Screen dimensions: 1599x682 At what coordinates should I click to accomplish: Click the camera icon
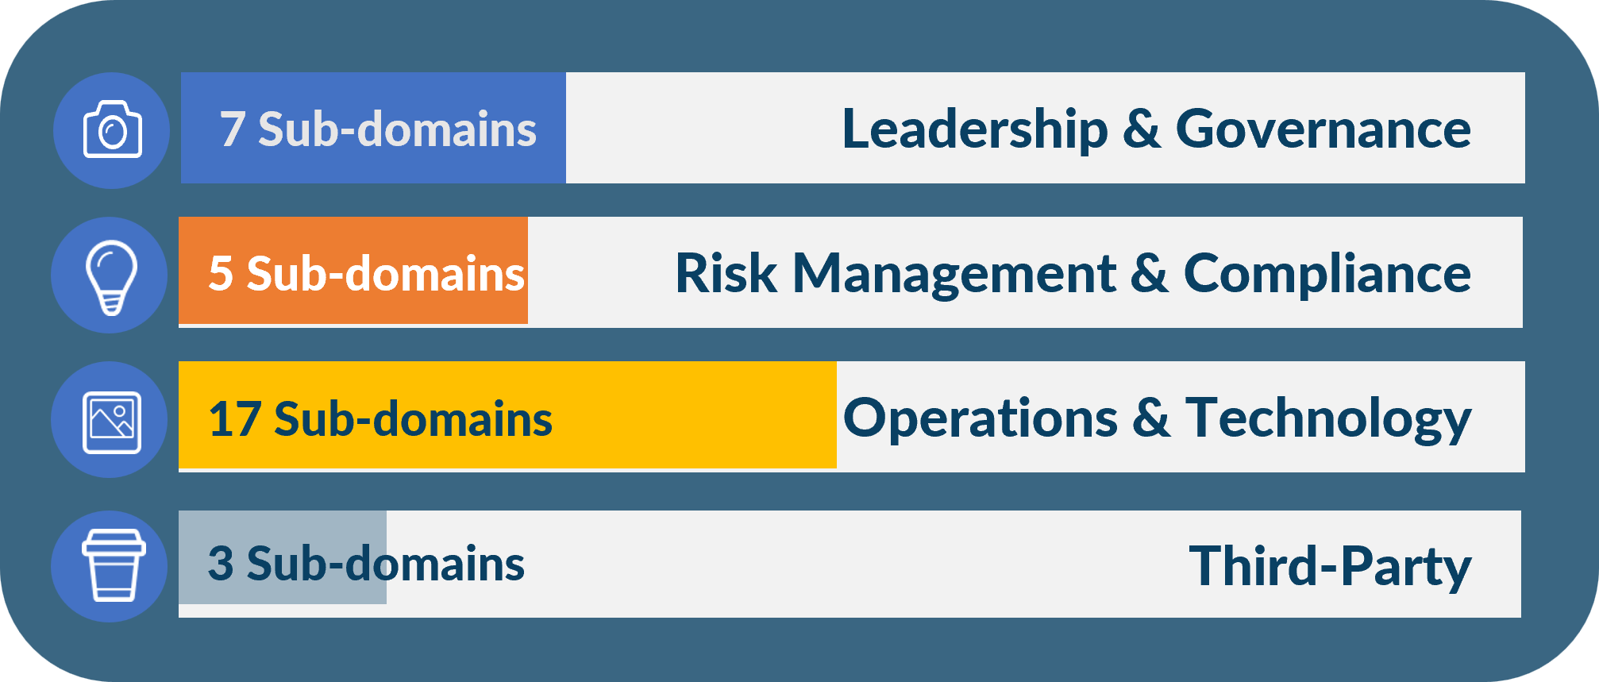pyautogui.click(x=113, y=129)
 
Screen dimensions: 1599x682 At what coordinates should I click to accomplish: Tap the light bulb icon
pyautogui.click(x=111, y=277)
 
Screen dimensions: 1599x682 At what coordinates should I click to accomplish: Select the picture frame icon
pyautogui.click(x=112, y=422)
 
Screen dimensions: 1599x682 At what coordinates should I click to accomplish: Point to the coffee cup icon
pyautogui.click(x=114, y=565)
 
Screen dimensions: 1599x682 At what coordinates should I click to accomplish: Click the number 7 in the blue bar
pyautogui.click(x=232, y=129)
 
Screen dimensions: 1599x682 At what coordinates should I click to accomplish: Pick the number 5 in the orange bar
pyautogui.click(x=221, y=274)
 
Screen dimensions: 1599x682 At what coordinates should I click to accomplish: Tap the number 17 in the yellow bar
pyautogui.click(x=234, y=418)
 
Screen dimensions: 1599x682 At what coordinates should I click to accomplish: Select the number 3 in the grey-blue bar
pyautogui.click(x=221, y=564)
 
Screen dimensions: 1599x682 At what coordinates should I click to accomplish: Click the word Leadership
pyautogui.click(x=975, y=129)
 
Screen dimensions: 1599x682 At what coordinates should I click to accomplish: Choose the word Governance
pyautogui.click(x=1324, y=129)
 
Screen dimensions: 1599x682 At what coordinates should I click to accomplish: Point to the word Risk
pyautogui.click(x=726, y=274)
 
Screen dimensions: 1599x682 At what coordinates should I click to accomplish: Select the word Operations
pyautogui.click(x=981, y=420)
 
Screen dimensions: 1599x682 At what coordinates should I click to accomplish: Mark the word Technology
pyautogui.click(x=1329, y=420)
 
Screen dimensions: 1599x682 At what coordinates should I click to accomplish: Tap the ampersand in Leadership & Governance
pyautogui.click(x=1142, y=129)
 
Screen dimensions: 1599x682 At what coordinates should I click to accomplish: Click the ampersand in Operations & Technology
pyautogui.click(x=1151, y=418)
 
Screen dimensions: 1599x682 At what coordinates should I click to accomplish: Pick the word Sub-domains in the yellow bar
pyautogui.click(x=413, y=418)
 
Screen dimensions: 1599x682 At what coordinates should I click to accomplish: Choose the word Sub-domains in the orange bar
pyautogui.click(x=386, y=274)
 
